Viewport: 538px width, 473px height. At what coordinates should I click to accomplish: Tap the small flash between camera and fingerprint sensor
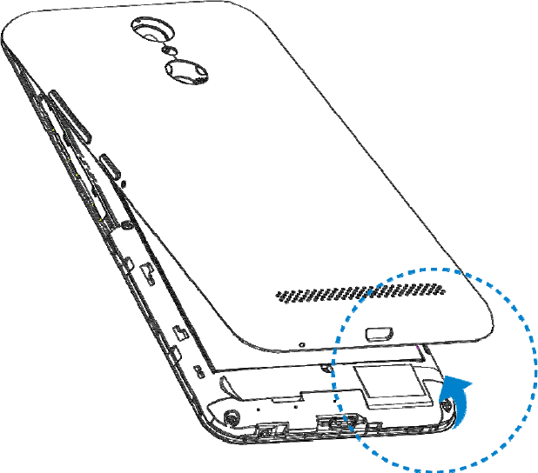170,50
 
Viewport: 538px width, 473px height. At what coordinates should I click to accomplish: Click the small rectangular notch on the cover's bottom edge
380,331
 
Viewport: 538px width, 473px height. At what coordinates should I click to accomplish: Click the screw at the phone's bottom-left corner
231,416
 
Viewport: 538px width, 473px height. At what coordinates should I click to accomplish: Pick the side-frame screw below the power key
127,225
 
